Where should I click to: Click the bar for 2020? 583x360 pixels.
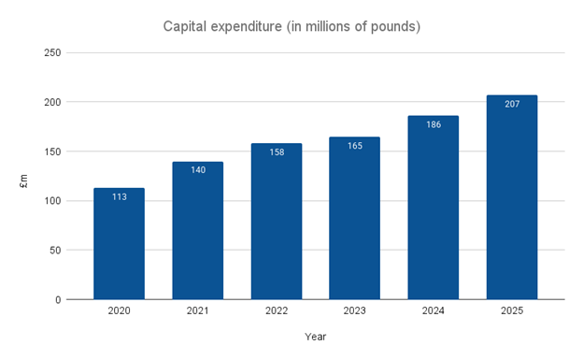[119, 244]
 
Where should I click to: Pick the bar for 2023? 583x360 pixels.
[354, 219]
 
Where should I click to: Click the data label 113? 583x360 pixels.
[119, 197]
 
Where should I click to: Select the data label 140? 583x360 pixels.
[197, 170]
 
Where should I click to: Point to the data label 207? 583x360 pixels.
[511, 104]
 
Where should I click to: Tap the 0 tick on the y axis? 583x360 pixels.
[58, 300]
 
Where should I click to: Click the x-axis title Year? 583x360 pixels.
[315, 337]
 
